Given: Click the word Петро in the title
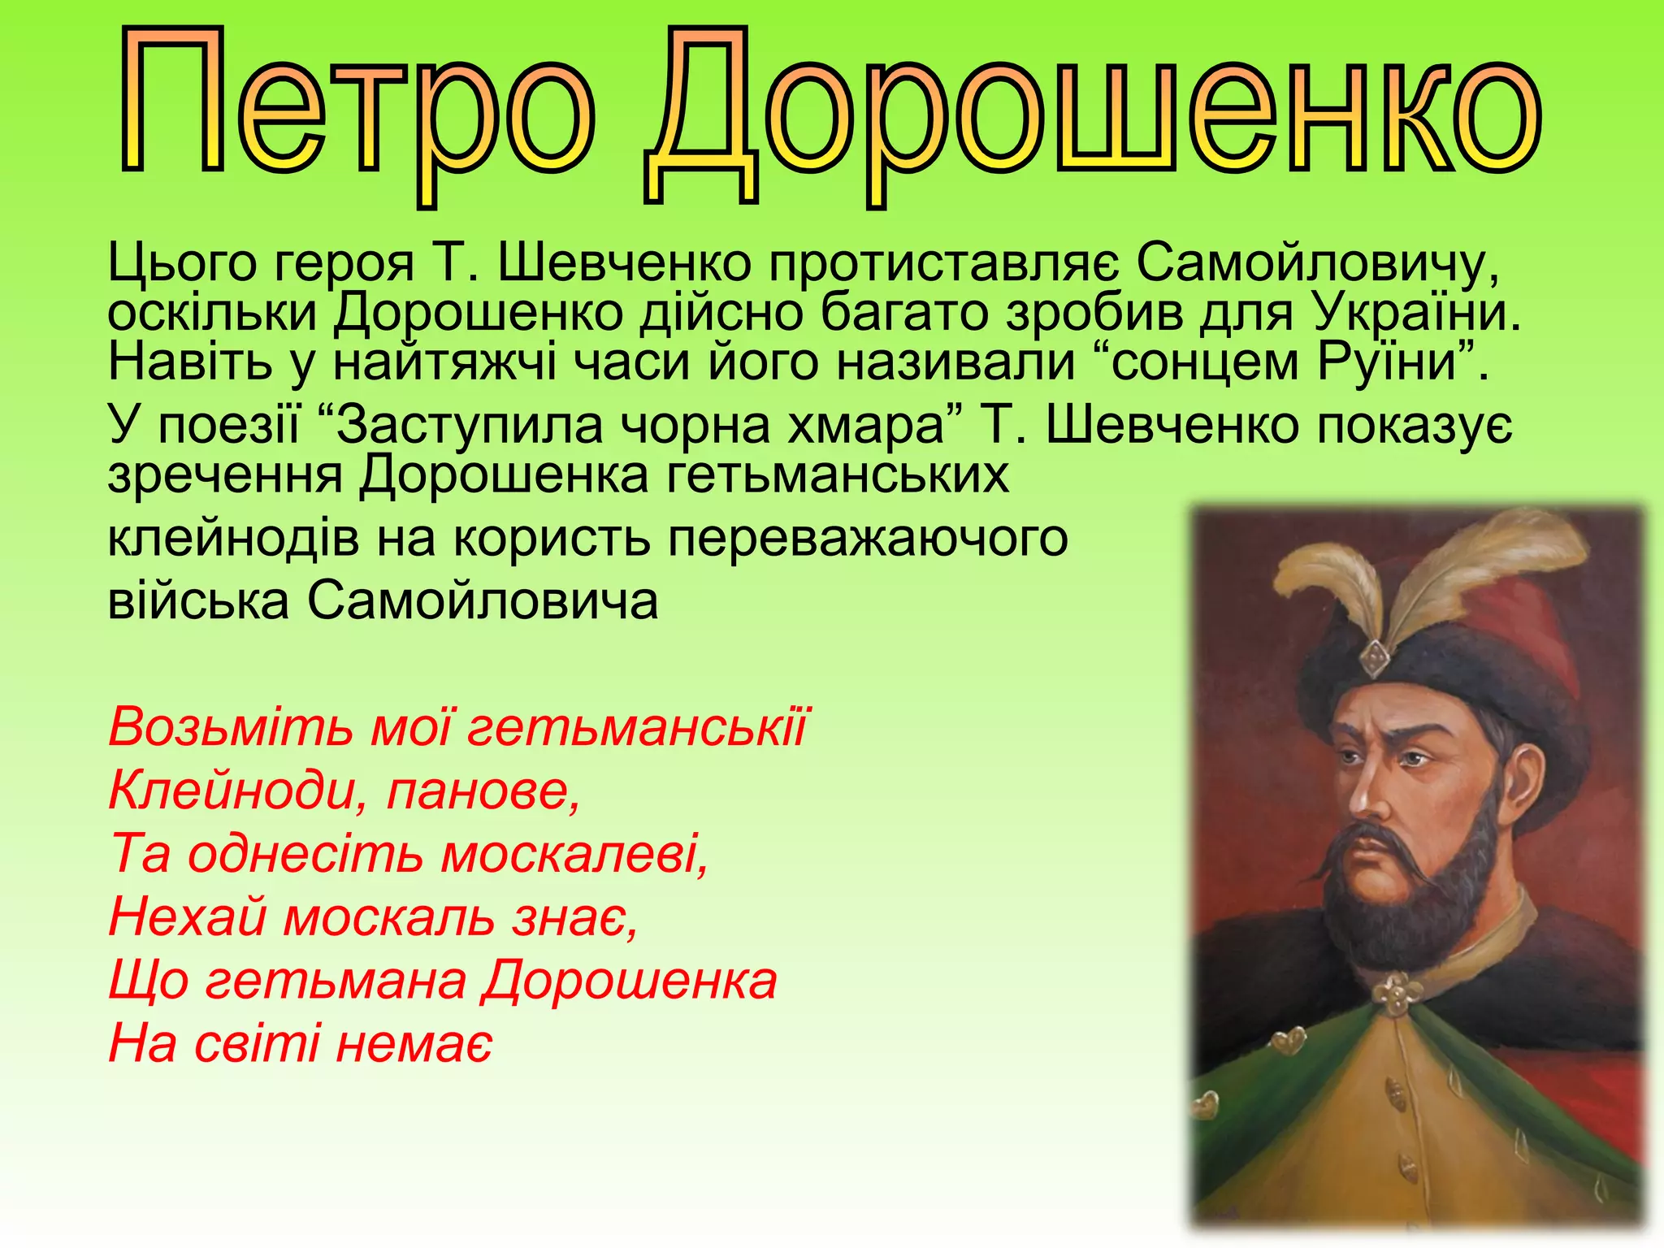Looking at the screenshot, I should click(357, 106).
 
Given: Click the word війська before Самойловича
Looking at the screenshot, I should click(198, 601).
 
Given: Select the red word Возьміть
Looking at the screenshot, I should click(231, 726).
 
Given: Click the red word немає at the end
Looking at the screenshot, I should click(414, 1043).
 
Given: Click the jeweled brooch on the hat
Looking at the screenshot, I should click(1374, 656).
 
